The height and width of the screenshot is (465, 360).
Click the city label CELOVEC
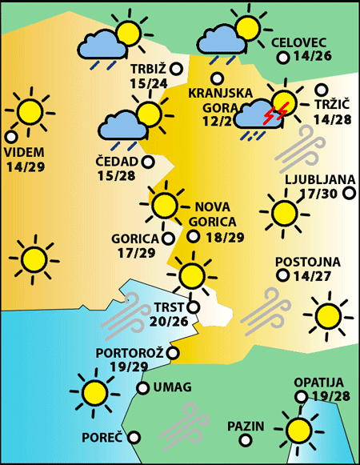(299, 42)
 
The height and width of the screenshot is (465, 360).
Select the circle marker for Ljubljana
(349, 193)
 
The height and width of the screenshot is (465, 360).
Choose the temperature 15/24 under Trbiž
(148, 82)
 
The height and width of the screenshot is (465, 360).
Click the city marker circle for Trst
(192, 307)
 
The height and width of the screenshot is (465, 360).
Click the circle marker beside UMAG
(142, 388)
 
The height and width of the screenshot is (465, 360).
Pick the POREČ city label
(102, 438)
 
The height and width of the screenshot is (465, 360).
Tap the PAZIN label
(245, 426)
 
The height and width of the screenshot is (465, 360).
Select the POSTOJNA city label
(307, 262)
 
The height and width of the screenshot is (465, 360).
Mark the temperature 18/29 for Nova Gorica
(226, 237)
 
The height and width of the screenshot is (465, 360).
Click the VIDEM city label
(25, 152)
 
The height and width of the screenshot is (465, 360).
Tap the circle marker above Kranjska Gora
(217, 78)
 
